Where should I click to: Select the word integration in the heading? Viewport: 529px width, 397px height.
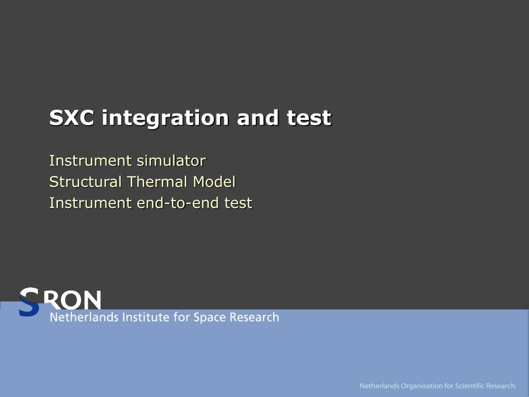(165, 118)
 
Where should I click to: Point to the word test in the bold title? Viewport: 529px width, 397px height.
(309, 118)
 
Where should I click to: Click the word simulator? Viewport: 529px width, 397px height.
(171, 161)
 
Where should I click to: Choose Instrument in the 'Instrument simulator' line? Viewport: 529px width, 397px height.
(90, 161)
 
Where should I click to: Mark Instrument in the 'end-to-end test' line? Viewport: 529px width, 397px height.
(90, 203)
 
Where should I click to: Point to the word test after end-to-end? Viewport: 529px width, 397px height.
(238, 203)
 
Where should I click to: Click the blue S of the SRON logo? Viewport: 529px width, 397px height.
(29, 302)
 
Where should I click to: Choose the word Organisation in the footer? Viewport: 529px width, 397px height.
(421, 386)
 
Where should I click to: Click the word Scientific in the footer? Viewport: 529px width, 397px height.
(470, 386)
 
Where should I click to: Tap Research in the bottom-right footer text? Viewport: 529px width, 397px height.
(501, 386)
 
